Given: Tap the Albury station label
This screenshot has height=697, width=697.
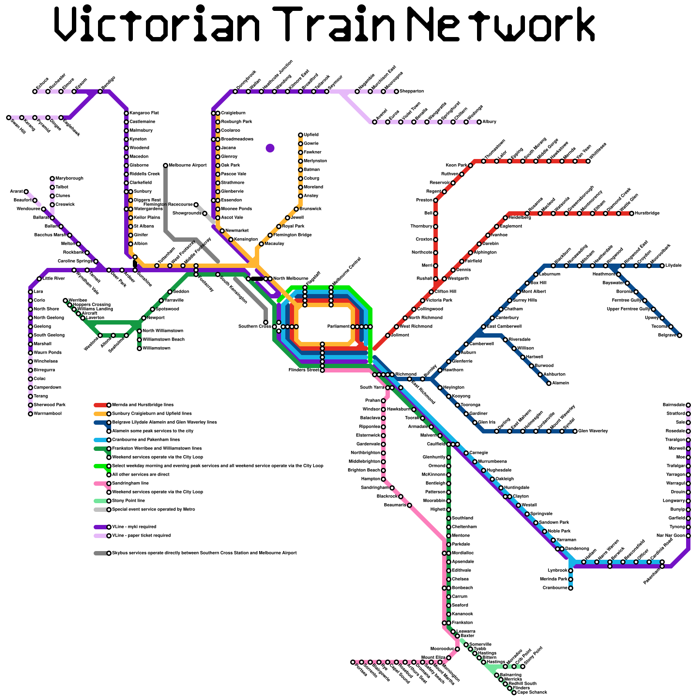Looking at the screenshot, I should [x=489, y=122].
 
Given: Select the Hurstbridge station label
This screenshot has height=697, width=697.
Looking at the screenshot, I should [x=647, y=213].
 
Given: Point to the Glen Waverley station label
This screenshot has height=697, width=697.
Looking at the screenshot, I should [x=593, y=431].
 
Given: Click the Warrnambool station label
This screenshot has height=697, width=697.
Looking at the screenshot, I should [x=47, y=414].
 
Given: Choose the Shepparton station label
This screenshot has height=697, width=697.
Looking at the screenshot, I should [x=412, y=91].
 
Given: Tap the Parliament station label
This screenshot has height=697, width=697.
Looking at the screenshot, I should [x=338, y=327].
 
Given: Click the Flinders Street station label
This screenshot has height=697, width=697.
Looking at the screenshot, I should [x=304, y=370].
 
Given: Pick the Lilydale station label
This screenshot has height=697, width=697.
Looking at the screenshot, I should [x=673, y=266].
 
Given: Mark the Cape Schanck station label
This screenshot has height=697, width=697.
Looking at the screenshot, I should [x=532, y=692].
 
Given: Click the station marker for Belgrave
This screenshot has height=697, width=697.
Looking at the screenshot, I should [x=680, y=335].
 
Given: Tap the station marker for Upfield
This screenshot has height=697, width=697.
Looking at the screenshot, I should [x=301, y=135].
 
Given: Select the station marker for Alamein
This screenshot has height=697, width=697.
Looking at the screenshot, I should [x=549, y=383].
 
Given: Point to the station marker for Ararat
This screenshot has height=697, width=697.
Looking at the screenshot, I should [x=26, y=192].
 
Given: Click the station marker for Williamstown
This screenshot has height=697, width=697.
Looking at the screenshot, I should [x=139, y=348].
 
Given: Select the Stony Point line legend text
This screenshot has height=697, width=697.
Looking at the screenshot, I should [x=129, y=501].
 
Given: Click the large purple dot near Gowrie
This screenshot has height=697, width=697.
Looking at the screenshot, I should [x=270, y=148].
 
